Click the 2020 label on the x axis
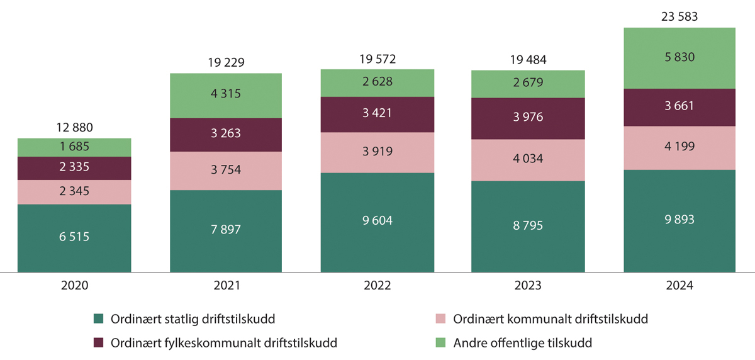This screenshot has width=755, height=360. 74,285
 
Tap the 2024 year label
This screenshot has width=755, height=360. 679,285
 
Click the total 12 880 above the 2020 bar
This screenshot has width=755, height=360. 74,128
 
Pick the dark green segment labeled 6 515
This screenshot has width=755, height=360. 74,237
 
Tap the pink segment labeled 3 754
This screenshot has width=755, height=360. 226,171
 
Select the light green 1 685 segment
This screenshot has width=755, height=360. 74,147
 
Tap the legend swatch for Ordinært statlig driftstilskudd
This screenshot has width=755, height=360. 99,319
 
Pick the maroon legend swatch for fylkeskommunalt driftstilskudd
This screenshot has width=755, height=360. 99,343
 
